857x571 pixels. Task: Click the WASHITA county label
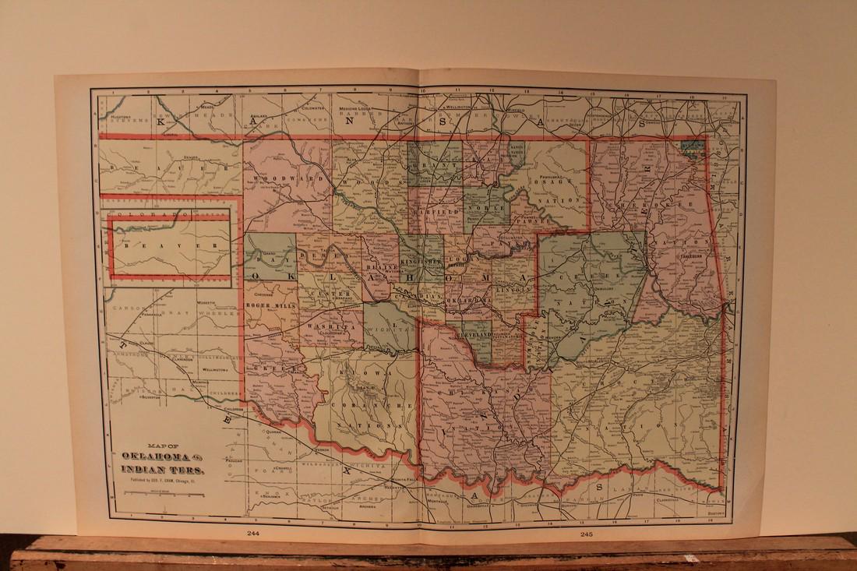[322, 329]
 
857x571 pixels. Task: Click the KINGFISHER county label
[421, 263]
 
